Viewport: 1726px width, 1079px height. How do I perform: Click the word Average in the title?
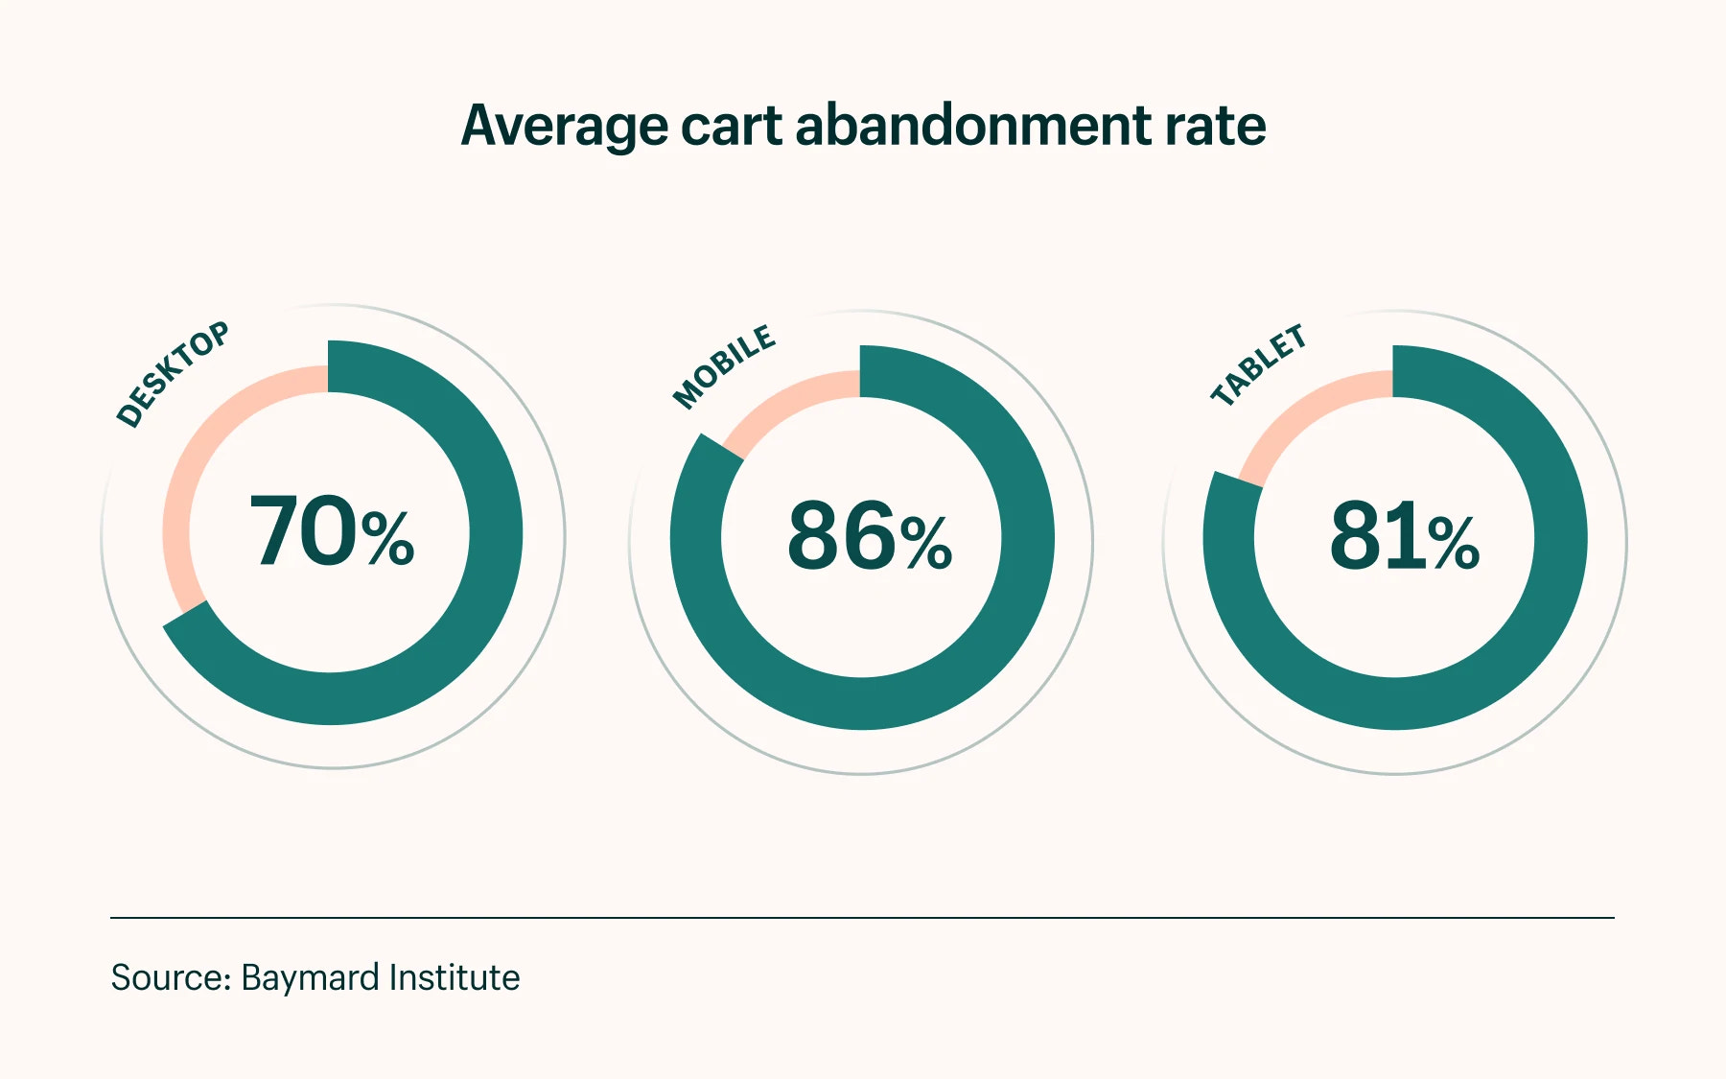coord(564,127)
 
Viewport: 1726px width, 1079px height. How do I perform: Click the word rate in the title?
coord(1215,127)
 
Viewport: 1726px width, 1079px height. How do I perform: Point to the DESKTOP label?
coord(173,374)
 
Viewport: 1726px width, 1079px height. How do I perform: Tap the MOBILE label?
coord(724,366)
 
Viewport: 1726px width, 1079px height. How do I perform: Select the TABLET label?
coord(1258,365)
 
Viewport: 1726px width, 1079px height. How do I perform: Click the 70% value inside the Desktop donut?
coord(332,533)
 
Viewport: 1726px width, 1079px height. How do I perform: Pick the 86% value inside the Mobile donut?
coord(869,538)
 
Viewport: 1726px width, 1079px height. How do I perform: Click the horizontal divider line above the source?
coord(863,918)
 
